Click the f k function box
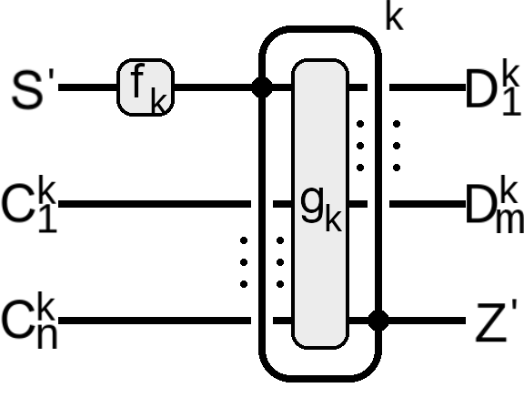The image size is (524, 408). click(146, 87)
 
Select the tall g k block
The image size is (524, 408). click(320, 204)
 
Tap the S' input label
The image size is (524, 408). click(33, 88)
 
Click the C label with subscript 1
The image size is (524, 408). click(29, 203)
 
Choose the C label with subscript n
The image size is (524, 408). click(29, 320)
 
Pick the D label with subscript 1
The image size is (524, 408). click(493, 87)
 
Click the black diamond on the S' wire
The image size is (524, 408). click(262, 87)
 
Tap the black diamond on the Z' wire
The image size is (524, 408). click(378, 321)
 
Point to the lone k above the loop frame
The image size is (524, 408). click(394, 15)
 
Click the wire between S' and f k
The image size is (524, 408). click(87, 87)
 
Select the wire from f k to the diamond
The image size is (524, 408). click(213, 87)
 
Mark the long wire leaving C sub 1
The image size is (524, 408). click(155, 204)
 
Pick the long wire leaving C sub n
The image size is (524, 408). click(155, 321)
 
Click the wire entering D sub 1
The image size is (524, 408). click(428, 87)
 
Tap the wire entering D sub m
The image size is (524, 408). click(428, 204)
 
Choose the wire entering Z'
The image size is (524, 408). click(427, 321)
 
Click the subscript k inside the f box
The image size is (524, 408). click(158, 100)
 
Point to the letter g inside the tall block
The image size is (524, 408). click(312, 204)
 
